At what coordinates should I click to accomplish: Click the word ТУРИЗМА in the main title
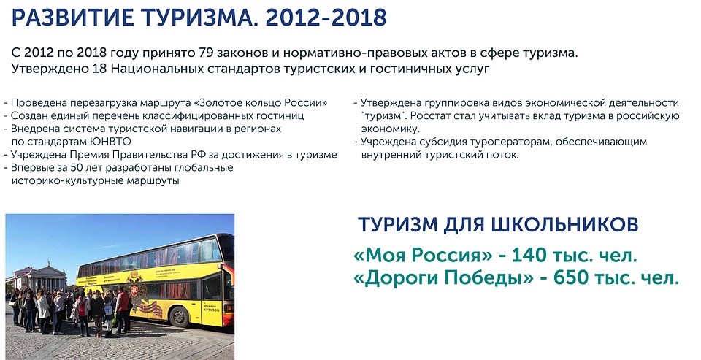point(197,18)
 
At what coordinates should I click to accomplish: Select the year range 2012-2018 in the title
point(326,18)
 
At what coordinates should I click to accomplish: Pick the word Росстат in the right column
point(429,116)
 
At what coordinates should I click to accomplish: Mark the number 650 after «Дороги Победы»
point(570,278)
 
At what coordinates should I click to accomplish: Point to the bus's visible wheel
point(180,316)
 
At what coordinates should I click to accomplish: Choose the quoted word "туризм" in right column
point(383,116)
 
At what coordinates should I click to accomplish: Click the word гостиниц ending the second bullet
point(283,116)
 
